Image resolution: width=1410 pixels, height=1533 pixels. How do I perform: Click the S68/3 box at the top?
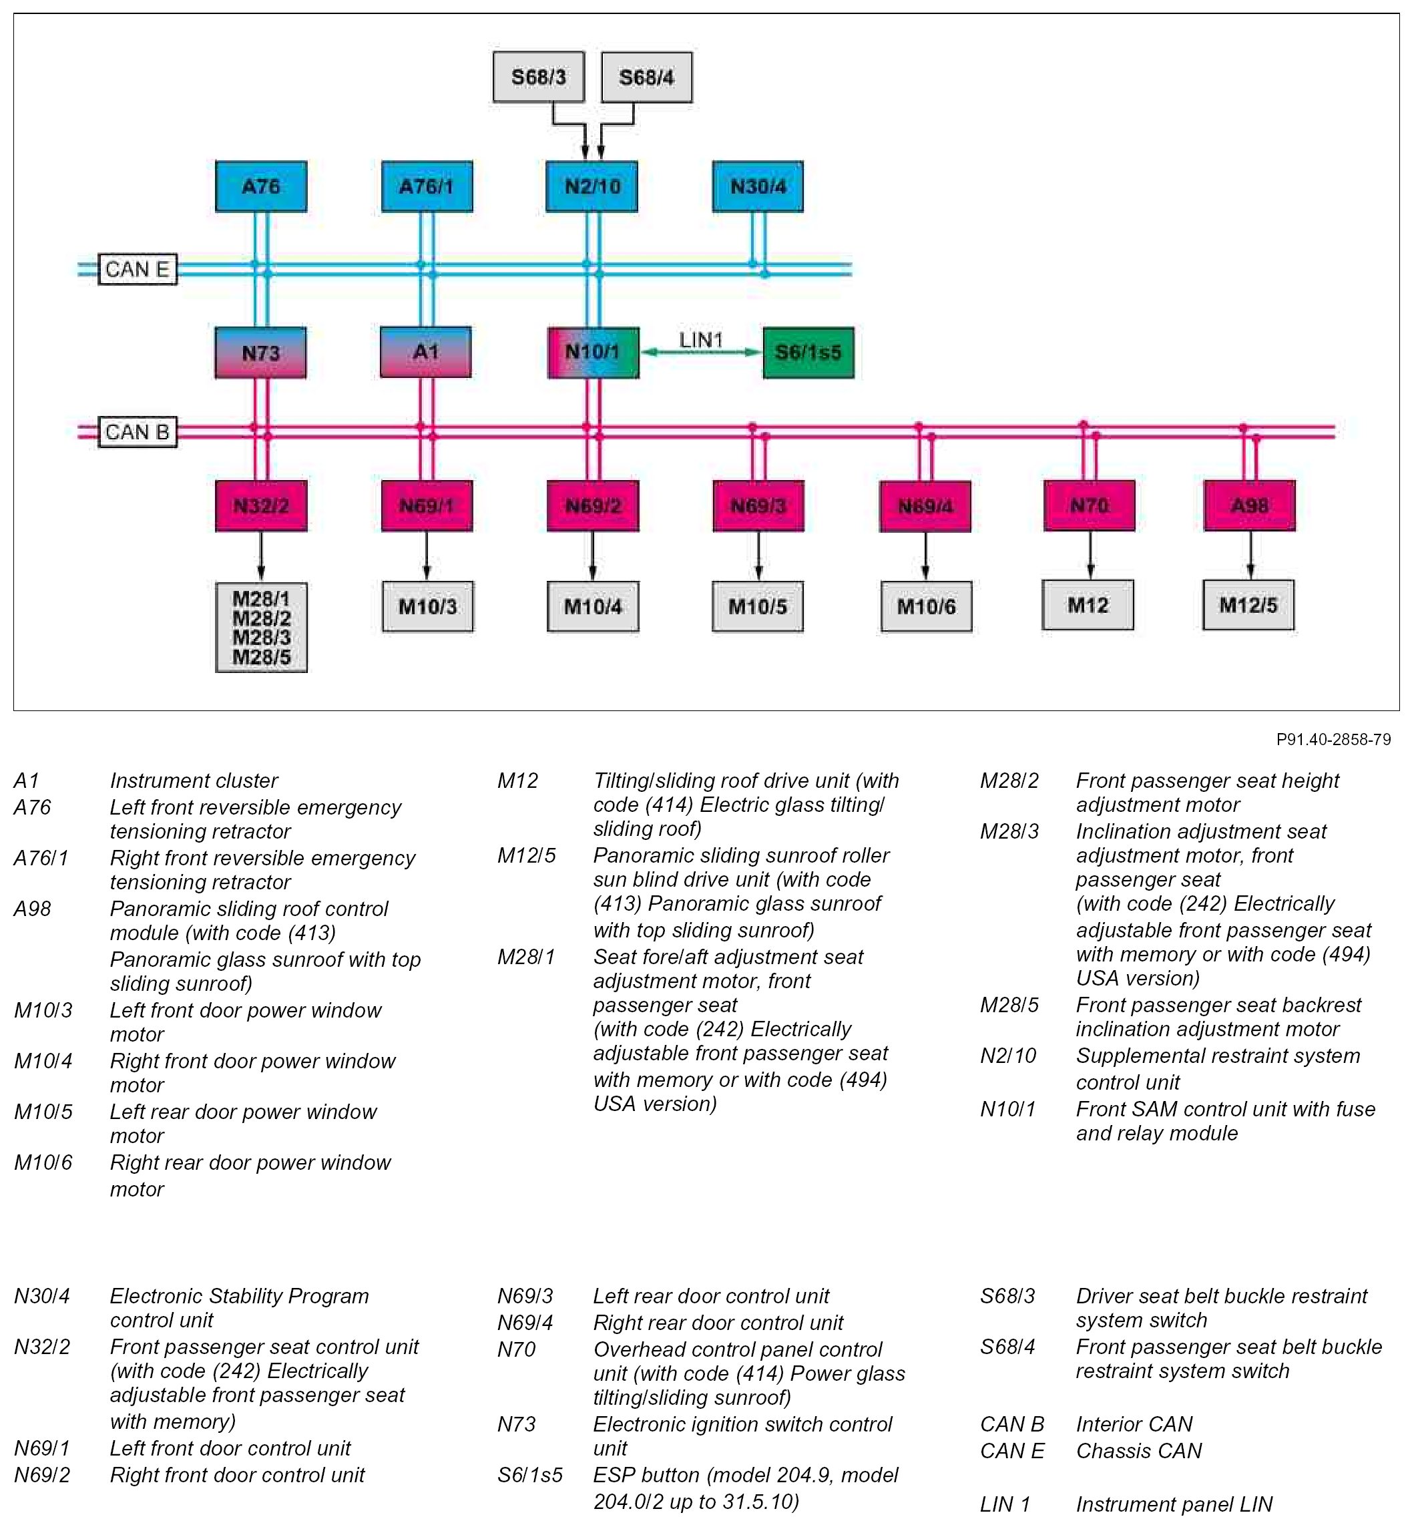coord(539,77)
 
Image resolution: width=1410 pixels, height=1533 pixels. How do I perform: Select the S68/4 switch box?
coord(646,77)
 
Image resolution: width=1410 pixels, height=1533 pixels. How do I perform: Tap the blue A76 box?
coord(261,186)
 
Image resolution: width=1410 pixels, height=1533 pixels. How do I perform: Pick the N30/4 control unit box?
coord(758,186)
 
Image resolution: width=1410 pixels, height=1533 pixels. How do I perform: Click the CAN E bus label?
coord(138,269)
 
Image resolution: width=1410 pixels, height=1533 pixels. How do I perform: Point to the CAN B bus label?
coord(138,432)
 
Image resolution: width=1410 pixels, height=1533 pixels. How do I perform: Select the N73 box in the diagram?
coord(261,353)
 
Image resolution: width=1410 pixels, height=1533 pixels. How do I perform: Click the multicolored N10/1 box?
coord(593,353)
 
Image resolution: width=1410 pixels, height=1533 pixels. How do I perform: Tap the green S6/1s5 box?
coord(808,353)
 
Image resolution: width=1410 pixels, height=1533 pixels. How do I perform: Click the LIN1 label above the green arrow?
coord(700,340)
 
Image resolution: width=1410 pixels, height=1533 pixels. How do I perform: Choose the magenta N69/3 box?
coord(758,506)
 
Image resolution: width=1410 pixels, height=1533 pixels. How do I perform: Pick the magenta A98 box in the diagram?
coord(1249,505)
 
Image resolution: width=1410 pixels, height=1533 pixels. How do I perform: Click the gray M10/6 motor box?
coord(926,607)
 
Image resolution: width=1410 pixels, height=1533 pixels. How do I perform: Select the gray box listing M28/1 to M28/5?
coord(261,627)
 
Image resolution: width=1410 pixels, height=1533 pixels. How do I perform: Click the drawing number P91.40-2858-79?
coord(1333,739)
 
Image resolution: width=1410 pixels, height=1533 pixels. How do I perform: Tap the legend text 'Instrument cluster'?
coord(194,781)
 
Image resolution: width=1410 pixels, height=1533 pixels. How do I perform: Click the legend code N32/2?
coord(42,1347)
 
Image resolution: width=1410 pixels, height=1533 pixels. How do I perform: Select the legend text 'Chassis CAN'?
coord(1138,1451)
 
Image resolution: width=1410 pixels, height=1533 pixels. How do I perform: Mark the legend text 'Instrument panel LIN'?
coord(1174,1504)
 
